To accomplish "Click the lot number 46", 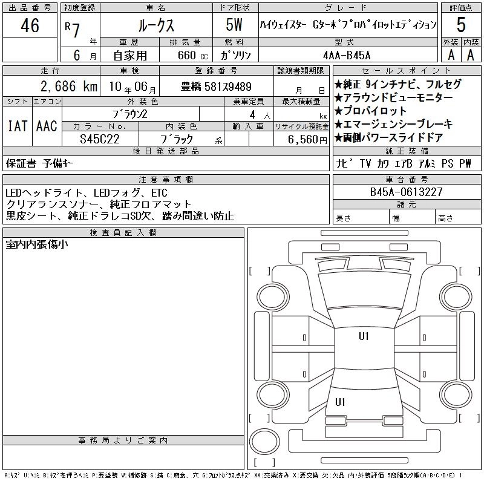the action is click(30, 25).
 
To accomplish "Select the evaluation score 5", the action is click(461, 25).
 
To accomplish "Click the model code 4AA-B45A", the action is click(347, 54).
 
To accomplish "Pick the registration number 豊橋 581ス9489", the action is click(216, 87).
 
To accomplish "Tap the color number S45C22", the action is click(100, 139).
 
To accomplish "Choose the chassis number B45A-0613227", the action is click(407, 192).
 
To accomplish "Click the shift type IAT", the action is click(17, 126).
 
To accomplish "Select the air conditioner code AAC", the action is click(47, 126).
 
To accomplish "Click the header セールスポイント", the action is click(407, 71).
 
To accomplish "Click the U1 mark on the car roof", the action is click(364, 336).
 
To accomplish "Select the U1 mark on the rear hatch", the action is click(340, 401).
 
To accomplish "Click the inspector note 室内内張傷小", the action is click(37, 244).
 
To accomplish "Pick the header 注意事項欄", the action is click(166, 179).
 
